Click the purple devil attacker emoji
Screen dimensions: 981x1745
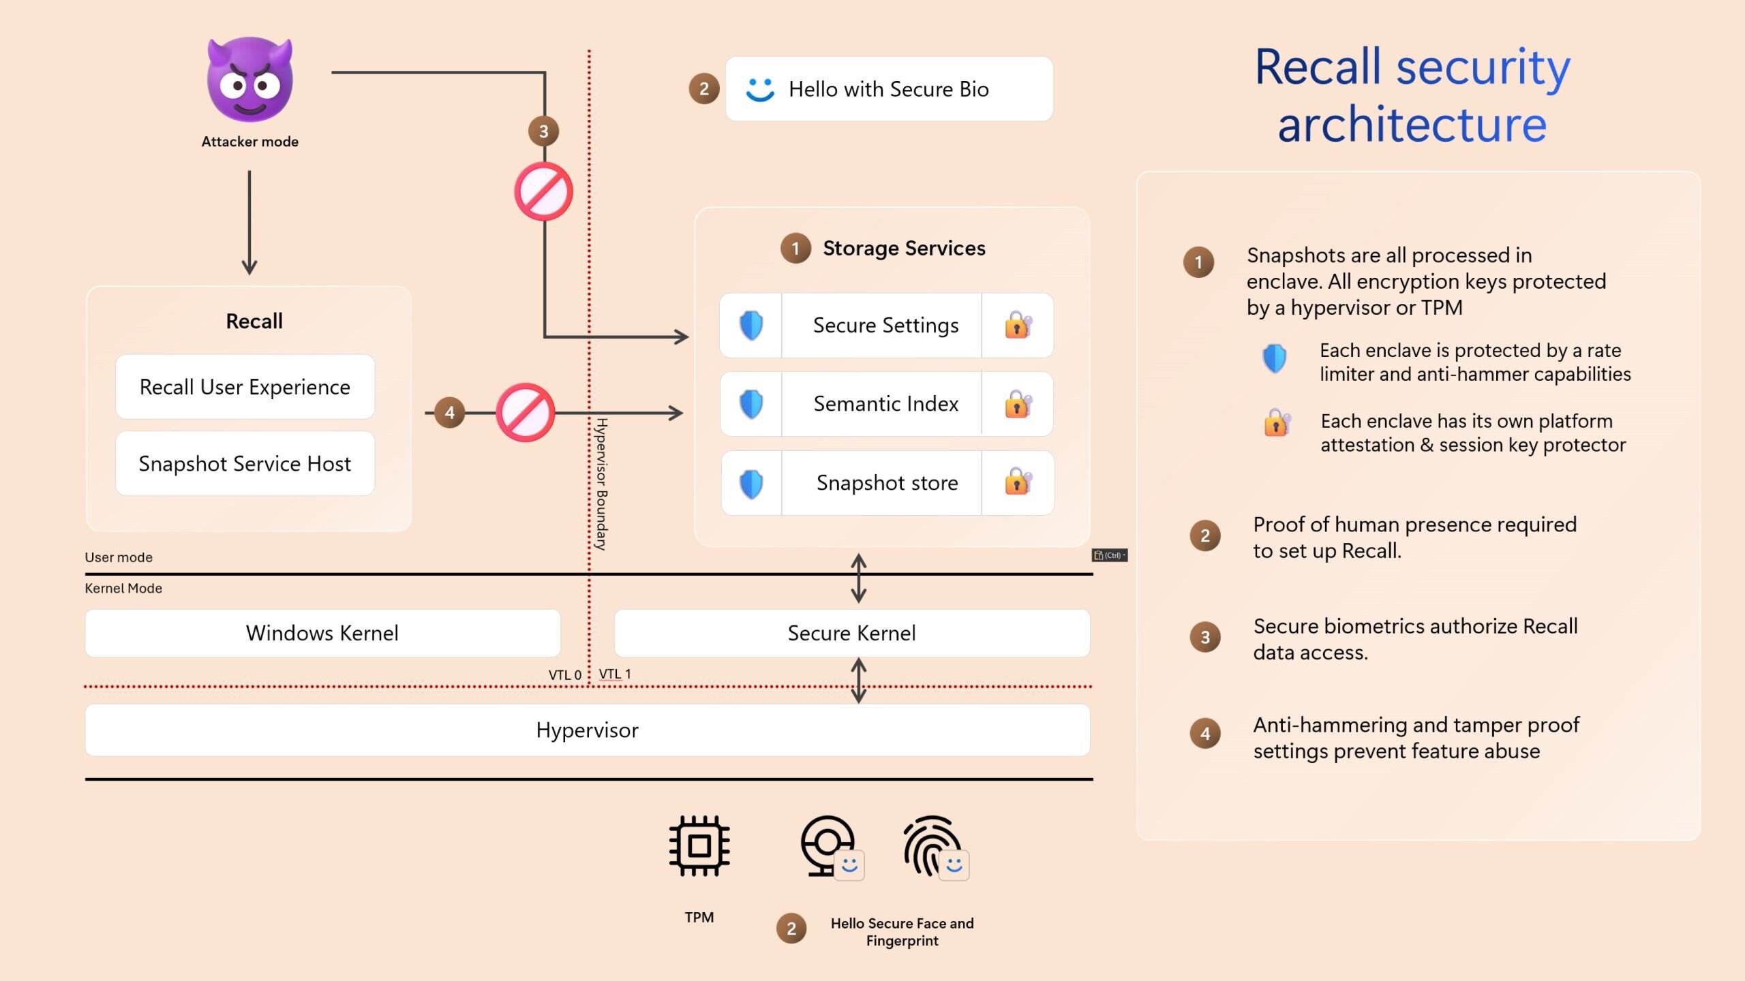click(250, 80)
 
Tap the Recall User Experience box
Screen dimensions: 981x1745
click(245, 387)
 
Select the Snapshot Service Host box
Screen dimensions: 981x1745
click(245, 464)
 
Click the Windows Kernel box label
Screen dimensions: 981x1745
click(322, 633)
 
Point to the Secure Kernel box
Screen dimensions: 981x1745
click(851, 633)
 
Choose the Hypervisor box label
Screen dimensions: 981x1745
click(587, 730)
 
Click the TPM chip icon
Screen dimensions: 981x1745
click(699, 845)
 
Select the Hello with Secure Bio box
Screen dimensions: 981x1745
click(888, 89)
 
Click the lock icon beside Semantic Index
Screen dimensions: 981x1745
click(1018, 404)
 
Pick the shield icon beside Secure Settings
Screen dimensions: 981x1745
click(751, 326)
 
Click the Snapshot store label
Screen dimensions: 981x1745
click(887, 483)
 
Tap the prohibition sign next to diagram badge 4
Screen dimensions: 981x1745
click(525, 412)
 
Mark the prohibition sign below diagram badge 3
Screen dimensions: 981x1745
click(543, 191)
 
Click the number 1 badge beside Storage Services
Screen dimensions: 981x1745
click(795, 249)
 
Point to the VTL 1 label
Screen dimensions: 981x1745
click(615, 674)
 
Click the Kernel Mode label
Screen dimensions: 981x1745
click(123, 588)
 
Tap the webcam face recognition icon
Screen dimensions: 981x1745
click(828, 845)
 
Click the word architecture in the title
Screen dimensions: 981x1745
click(1412, 124)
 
